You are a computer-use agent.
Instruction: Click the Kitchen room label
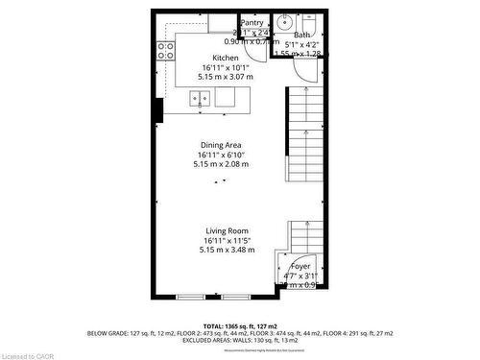(226, 58)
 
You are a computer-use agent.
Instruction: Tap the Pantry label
(252, 23)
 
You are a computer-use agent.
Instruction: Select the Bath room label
(302, 36)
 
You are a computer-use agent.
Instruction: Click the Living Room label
(226, 230)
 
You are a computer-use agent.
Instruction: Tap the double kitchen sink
(201, 97)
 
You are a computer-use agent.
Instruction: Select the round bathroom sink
(284, 21)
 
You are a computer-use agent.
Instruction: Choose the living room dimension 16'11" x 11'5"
(226, 241)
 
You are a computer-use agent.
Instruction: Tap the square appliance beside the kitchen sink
(226, 97)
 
